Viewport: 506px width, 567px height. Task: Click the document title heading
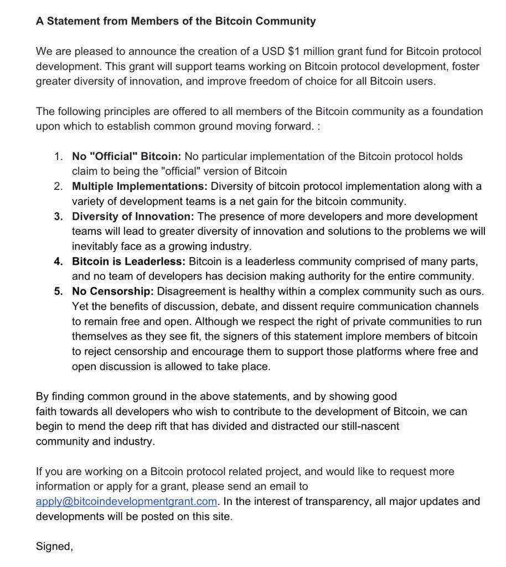click(x=175, y=21)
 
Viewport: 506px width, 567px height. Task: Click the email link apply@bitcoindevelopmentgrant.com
click(x=126, y=501)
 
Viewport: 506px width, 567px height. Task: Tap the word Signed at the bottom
click(x=54, y=546)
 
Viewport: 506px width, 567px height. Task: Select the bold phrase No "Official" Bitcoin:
click(x=127, y=156)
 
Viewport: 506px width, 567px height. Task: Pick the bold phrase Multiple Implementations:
click(x=140, y=186)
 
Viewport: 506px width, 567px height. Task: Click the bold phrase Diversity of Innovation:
click(x=133, y=216)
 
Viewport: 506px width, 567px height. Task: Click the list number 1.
click(x=58, y=156)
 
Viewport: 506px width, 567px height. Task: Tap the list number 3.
click(x=58, y=216)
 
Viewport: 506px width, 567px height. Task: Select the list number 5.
click(x=58, y=291)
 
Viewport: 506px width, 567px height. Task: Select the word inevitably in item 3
click(x=94, y=246)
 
